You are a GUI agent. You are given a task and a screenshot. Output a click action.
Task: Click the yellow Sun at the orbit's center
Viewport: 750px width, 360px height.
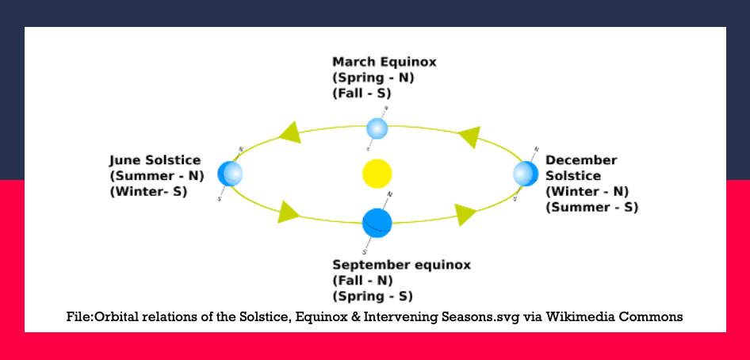[377, 173]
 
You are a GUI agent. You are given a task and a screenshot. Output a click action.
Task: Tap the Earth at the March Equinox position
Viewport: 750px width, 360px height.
[377, 128]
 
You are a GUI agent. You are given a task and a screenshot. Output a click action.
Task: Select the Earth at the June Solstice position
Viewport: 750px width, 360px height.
[230, 174]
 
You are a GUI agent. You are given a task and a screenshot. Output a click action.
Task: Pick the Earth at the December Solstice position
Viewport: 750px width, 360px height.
[526, 174]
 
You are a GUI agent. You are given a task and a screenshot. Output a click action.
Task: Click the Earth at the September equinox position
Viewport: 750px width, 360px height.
[377, 223]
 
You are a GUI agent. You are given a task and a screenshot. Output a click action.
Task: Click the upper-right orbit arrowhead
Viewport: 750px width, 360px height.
[469, 136]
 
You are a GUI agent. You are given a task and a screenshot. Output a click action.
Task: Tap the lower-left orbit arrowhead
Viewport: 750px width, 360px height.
[289, 212]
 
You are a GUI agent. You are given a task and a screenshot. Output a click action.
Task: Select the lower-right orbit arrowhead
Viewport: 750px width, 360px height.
[465, 215]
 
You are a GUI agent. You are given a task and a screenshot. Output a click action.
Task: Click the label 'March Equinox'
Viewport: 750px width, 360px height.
[384, 62]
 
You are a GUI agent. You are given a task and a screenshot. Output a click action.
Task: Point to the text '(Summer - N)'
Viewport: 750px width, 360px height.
[157, 176]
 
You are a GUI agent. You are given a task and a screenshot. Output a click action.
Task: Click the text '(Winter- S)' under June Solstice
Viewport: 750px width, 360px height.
[148, 192]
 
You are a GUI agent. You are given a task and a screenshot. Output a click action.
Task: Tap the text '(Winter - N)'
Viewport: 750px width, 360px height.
[587, 192]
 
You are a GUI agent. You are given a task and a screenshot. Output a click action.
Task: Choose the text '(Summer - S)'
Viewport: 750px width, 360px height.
[591, 208]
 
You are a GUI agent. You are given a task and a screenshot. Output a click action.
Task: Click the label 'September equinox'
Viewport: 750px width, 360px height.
[401, 265]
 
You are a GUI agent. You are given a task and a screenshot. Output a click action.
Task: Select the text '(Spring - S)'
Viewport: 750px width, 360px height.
[372, 297]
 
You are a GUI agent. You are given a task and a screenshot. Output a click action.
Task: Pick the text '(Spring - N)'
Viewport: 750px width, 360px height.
[373, 78]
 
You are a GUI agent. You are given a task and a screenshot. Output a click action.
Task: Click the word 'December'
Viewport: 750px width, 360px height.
[581, 160]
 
